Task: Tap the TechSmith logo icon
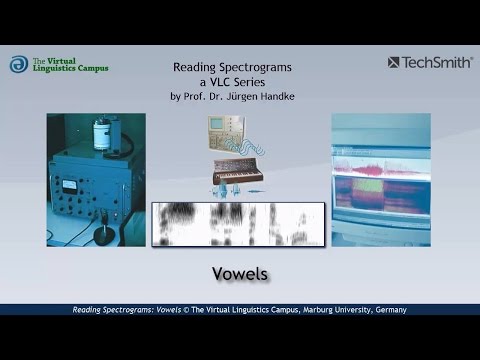[x=395, y=63]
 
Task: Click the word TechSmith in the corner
[x=437, y=63]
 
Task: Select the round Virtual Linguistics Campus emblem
[x=20, y=65]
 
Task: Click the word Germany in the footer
[x=386, y=310]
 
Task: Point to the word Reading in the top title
[x=196, y=68]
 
